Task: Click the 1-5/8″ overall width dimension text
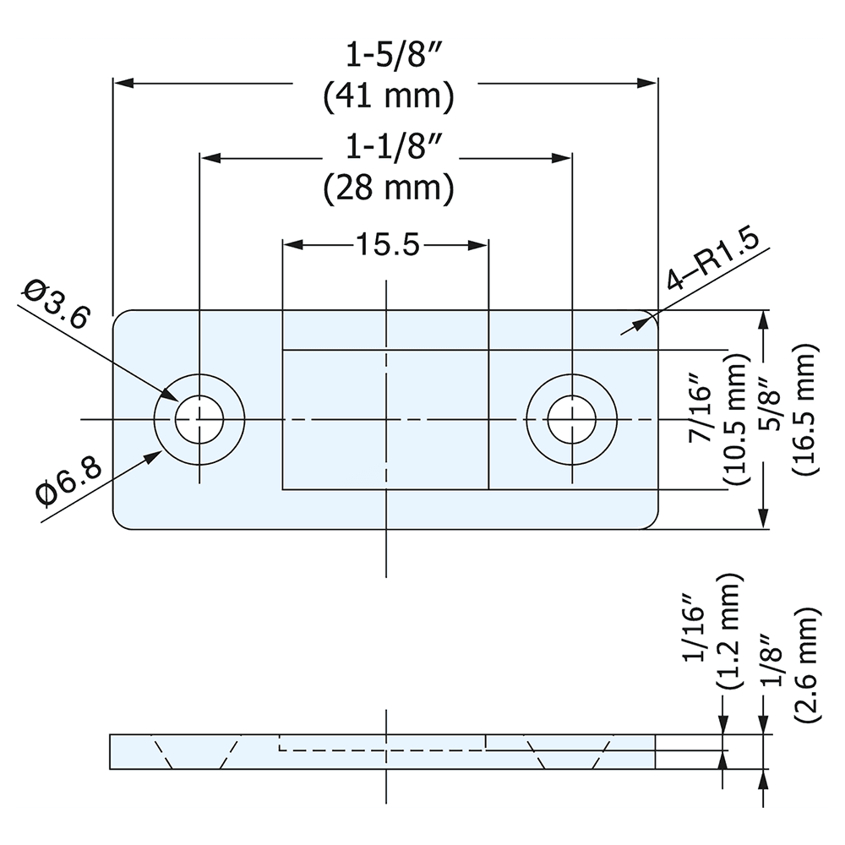388,57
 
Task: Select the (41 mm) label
388,96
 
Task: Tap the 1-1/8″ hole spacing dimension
388,149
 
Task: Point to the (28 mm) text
388,188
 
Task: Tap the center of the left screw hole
199,419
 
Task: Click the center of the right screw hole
571,419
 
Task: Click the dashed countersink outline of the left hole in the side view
161,752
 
